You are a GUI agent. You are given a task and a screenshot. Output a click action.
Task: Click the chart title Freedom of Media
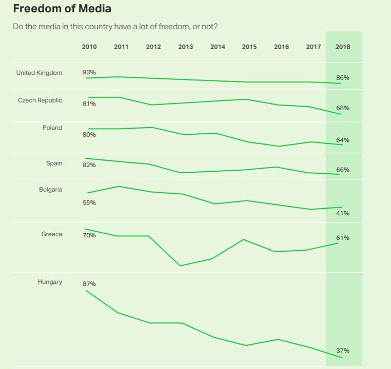pos(62,9)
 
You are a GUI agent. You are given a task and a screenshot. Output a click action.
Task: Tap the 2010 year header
pos(89,47)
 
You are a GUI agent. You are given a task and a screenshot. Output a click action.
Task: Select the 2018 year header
pos(343,47)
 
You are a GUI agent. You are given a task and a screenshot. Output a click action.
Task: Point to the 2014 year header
pos(218,47)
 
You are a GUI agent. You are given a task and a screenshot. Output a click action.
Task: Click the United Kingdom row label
pos(39,73)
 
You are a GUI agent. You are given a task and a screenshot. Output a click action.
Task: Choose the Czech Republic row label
pos(40,100)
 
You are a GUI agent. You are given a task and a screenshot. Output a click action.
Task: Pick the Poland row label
pos(52,128)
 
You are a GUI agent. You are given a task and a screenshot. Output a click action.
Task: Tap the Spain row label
pos(54,163)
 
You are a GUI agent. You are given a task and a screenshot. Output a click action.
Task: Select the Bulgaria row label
pos(51,190)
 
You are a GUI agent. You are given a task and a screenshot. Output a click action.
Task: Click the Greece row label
pos(52,234)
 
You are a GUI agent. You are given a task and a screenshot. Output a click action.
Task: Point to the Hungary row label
pos(50,282)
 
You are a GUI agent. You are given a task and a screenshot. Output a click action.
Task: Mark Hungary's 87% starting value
pos(89,284)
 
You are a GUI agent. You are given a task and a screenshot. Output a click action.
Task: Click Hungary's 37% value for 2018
pos(343,351)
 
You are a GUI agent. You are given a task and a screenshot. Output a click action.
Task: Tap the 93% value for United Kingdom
pos(89,72)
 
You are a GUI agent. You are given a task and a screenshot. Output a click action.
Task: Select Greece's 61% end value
pos(343,238)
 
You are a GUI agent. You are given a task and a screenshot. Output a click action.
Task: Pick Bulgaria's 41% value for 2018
pos(343,213)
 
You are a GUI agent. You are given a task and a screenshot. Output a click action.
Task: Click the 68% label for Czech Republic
pos(343,108)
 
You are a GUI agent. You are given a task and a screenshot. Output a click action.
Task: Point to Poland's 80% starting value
pos(89,135)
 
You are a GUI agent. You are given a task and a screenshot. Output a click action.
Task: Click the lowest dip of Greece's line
pos(180,265)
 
